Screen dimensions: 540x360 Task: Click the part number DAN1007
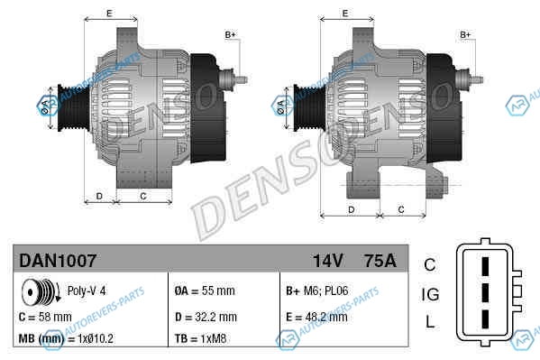[x=58, y=261]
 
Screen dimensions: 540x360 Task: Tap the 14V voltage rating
[x=328, y=261]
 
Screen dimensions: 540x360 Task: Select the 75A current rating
[x=380, y=261]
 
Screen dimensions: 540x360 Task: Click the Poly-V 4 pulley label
[x=87, y=291]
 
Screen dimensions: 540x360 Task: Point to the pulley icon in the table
[x=41, y=291]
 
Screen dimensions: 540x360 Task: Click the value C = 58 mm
[x=45, y=317]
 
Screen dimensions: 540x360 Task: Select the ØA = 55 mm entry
[x=205, y=291]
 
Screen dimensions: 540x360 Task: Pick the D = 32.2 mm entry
[x=206, y=317]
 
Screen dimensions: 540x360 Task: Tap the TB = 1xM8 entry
[x=200, y=338]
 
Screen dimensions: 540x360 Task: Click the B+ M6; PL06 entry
[x=316, y=291]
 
